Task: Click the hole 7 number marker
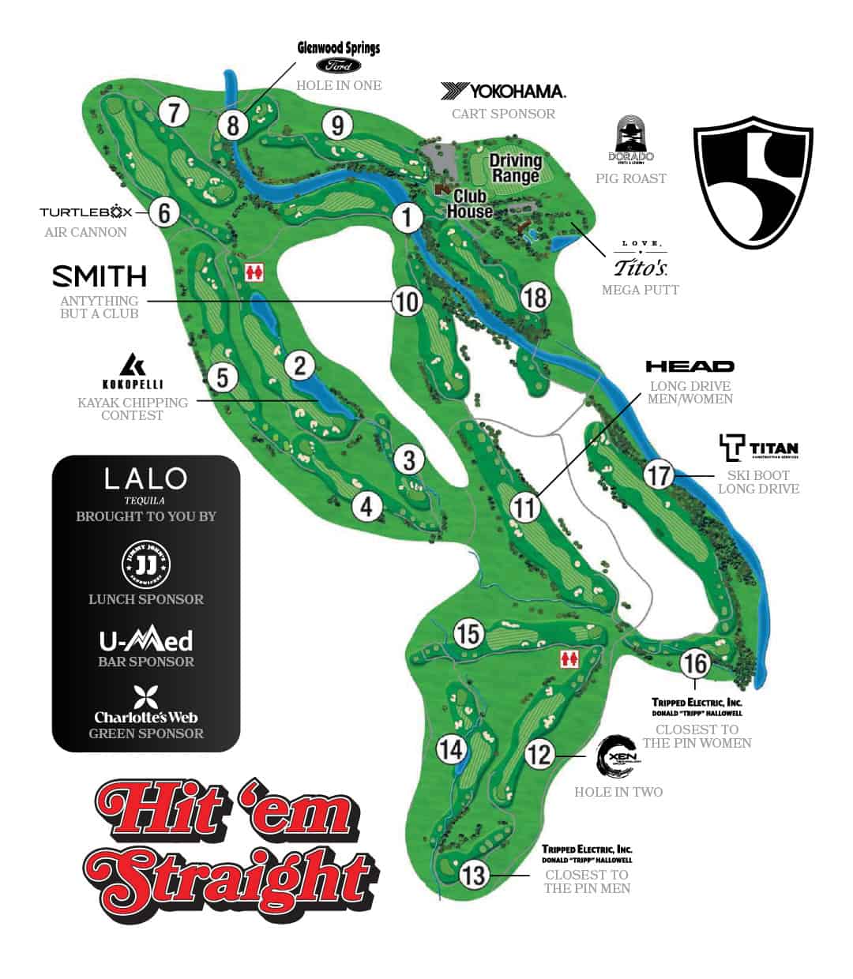point(174,112)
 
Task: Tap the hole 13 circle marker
point(472,874)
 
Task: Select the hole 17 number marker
point(658,474)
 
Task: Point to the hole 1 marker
point(408,216)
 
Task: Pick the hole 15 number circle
point(468,633)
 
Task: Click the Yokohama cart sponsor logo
point(503,91)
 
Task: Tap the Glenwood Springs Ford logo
point(339,56)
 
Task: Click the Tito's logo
point(641,261)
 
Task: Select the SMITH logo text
point(100,276)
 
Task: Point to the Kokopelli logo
point(132,371)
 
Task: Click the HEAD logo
point(690,366)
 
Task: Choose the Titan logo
point(758,448)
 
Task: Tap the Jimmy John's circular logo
point(146,564)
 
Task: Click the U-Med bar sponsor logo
point(146,640)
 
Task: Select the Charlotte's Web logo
point(146,707)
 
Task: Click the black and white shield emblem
point(753,182)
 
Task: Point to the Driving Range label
point(515,167)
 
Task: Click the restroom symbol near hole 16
point(569,659)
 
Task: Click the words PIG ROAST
point(631,178)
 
